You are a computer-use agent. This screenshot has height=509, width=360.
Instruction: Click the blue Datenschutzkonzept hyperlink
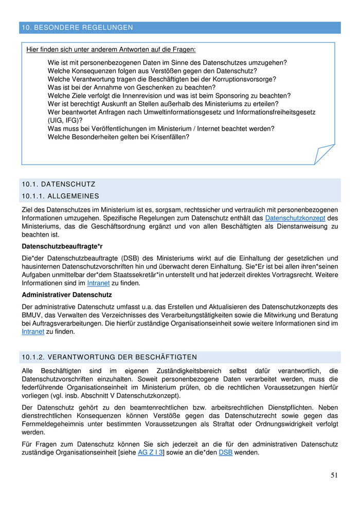point(295,218)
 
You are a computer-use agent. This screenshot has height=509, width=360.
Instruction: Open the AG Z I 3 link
point(150,452)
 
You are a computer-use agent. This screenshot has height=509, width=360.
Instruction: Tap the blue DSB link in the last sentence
point(225,452)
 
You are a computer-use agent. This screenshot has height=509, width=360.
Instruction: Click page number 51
point(334,476)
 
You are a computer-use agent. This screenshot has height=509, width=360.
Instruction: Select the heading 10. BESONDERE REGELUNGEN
point(77,27)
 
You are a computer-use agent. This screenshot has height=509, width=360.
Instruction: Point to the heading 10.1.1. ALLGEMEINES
point(60,196)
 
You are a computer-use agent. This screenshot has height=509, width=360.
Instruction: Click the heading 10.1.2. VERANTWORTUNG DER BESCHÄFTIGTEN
point(109,357)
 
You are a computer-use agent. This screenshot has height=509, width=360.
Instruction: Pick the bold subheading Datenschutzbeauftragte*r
point(62,246)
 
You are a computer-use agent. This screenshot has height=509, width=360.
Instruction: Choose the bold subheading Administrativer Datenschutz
point(67,295)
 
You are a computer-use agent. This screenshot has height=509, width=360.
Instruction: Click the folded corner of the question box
point(326,154)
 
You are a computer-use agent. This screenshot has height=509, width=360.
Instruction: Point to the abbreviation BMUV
point(33,315)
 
